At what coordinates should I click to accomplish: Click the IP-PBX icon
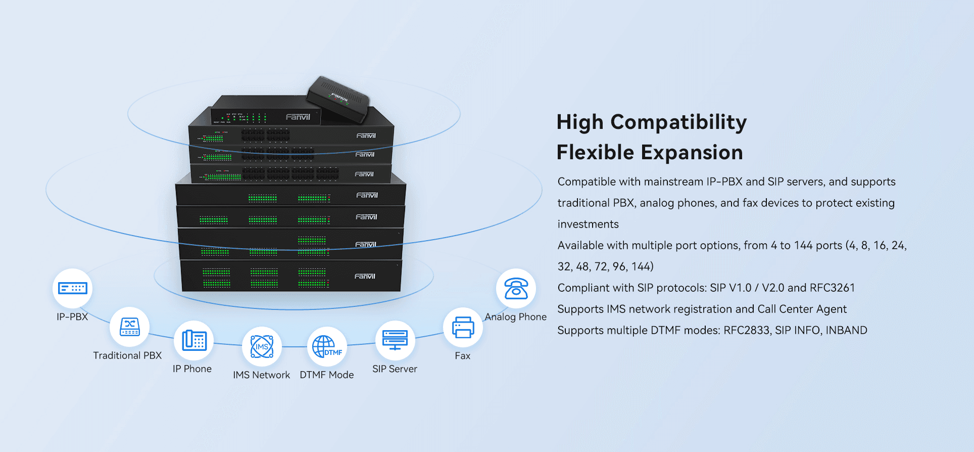tap(73, 288)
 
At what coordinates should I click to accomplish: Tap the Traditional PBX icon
tap(130, 327)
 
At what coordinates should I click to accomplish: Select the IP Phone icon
tap(194, 340)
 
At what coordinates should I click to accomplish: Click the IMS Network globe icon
tap(262, 346)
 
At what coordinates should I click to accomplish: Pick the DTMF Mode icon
tap(327, 346)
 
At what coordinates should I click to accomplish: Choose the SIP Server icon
tap(395, 340)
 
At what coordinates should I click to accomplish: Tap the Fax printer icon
tap(463, 327)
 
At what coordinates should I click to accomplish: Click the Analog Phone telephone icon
tap(516, 288)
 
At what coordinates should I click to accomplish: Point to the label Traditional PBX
tap(127, 355)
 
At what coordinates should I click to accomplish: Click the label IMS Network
tap(261, 375)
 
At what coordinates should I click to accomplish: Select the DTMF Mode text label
tap(327, 375)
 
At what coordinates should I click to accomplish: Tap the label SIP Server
tap(395, 369)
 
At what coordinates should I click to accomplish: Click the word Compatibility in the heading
tap(678, 123)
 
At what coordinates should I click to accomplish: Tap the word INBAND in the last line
tap(846, 330)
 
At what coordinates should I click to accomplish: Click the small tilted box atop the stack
tap(338, 99)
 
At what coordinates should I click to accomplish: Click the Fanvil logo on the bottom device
tap(365, 276)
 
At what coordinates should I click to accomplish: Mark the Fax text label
tap(462, 355)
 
